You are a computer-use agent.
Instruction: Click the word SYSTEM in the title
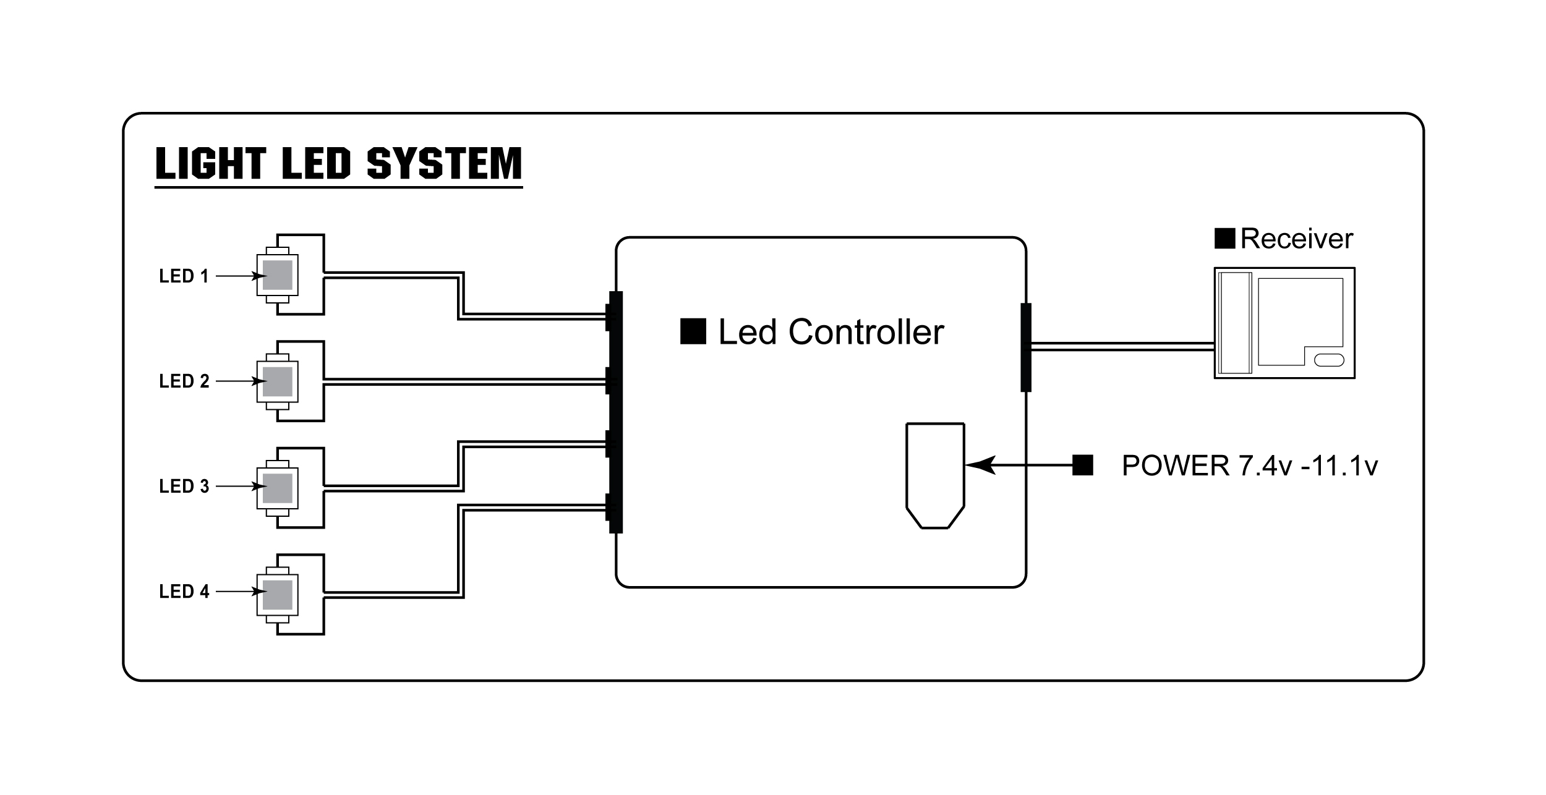pos(444,163)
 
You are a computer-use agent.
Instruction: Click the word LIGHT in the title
pos(210,163)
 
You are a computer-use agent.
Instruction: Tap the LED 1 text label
pos(184,276)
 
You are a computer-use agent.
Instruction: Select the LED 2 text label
pos(184,381)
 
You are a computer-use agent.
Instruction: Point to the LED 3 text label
pos(184,487)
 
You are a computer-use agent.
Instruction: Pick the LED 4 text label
pos(184,592)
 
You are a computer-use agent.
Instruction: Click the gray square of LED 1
pos(278,275)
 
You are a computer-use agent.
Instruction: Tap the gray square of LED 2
pos(278,381)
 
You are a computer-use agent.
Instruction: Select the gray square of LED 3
pos(278,488)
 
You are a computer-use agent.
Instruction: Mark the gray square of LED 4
pos(278,595)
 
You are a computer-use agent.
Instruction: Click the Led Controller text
pos(831,332)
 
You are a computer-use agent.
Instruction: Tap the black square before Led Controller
pos(693,331)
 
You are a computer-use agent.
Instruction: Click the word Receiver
pos(1296,239)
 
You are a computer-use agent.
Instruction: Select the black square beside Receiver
pos(1224,238)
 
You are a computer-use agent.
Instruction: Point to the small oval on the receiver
pos(1328,360)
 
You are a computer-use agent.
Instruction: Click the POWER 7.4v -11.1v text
pos(1249,466)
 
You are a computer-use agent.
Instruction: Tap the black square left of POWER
pos(1082,466)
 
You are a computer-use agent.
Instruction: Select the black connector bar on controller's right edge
pos(1025,347)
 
